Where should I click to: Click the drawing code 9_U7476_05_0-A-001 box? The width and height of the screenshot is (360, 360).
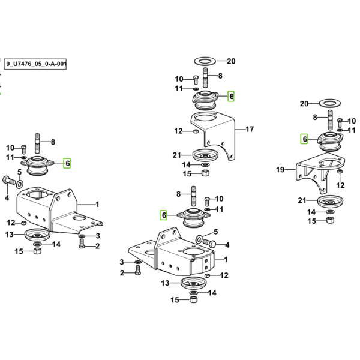click(x=35, y=64)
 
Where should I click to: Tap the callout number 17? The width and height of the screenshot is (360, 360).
click(x=250, y=129)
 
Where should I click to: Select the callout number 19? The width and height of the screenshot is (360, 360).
click(x=280, y=170)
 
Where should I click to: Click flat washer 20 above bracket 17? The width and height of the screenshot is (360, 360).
click(x=205, y=62)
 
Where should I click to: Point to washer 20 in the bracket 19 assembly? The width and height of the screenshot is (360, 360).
click(x=330, y=103)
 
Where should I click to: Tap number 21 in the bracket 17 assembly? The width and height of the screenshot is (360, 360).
click(x=177, y=155)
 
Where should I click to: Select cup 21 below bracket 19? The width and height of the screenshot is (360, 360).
click(x=331, y=202)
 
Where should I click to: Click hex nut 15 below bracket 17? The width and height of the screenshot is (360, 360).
click(x=205, y=173)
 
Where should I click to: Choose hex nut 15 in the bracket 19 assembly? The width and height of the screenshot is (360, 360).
click(x=330, y=220)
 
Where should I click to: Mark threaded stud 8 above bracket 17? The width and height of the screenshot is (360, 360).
click(x=206, y=77)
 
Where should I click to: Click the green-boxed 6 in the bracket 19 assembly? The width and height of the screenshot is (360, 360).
click(x=304, y=139)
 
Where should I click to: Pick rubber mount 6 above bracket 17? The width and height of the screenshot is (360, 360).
click(x=205, y=100)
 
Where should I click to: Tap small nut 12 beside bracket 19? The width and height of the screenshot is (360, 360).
click(x=340, y=171)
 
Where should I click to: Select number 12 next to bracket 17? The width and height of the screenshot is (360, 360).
click(x=178, y=131)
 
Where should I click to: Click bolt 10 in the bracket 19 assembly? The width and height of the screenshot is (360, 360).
click(x=340, y=122)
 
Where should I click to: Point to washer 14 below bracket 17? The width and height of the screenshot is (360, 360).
click(x=205, y=164)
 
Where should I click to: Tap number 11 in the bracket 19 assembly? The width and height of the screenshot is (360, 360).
click(x=352, y=130)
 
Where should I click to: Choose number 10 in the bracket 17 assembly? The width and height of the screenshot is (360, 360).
click(x=179, y=79)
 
